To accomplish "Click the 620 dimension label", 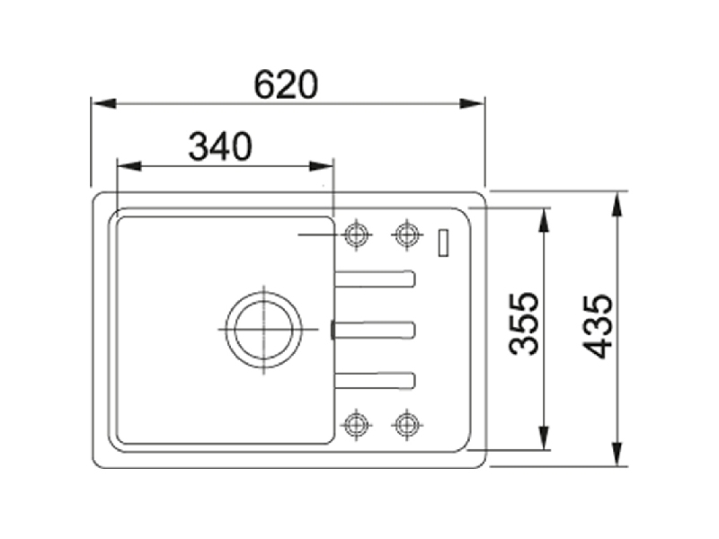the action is pyautogui.click(x=286, y=84).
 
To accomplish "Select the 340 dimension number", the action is pyautogui.click(x=220, y=146).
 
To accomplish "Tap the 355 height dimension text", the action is pyautogui.click(x=524, y=323).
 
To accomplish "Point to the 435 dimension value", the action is pyautogui.click(x=598, y=326).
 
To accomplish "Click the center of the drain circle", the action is pyautogui.click(x=263, y=330).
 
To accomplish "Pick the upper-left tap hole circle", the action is pyautogui.click(x=357, y=234).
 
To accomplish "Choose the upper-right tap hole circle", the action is pyautogui.click(x=407, y=234).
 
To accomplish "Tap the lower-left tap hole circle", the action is pyautogui.click(x=357, y=425).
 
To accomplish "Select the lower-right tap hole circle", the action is pyautogui.click(x=407, y=425).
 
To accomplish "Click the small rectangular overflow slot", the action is pyautogui.click(x=443, y=243).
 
